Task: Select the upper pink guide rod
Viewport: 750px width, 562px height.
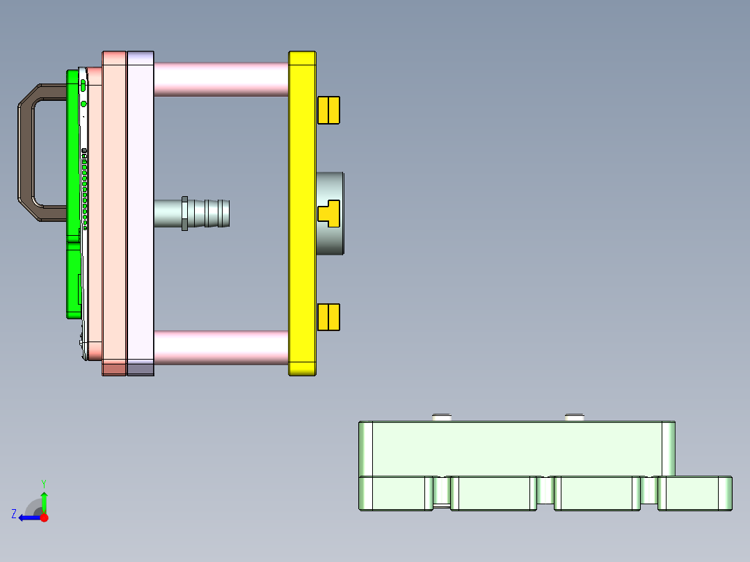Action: (x=221, y=79)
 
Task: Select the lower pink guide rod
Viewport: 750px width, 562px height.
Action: (x=221, y=347)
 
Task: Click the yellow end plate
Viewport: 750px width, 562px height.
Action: (x=302, y=209)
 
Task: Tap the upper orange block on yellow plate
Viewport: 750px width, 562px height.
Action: (x=328, y=110)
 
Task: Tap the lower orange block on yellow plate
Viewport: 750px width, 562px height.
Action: (x=328, y=317)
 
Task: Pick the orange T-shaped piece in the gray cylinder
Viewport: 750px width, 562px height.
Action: (x=328, y=213)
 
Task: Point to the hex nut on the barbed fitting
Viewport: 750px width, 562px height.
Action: (x=184, y=213)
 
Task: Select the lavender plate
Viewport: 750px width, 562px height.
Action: (x=140, y=209)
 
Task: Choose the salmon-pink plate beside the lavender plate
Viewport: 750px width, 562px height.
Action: (x=114, y=209)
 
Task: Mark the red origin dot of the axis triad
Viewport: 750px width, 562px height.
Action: (x=44, y=517)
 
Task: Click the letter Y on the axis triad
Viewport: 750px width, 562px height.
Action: (x=43, y=483)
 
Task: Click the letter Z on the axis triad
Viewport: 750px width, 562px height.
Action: (x=14, y=514)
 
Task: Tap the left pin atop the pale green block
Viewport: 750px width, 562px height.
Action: (x=442, y=417)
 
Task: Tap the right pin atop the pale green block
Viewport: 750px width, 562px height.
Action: (x=574, y=417)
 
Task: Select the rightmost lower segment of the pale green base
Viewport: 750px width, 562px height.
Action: (x=694, y=493)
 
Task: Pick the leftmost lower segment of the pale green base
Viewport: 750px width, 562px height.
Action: (x=394, y=493)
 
